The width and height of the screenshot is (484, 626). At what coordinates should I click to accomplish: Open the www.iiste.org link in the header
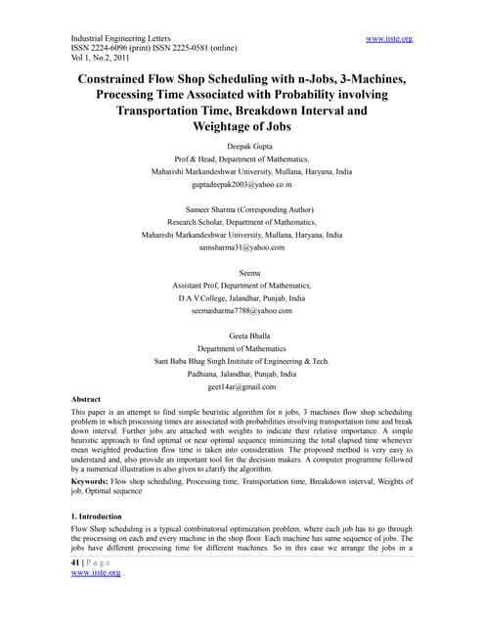[388, 38]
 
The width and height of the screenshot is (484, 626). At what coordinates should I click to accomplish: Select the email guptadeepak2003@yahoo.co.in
[242, 183]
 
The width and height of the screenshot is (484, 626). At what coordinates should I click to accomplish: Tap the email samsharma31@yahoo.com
[242, 247]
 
